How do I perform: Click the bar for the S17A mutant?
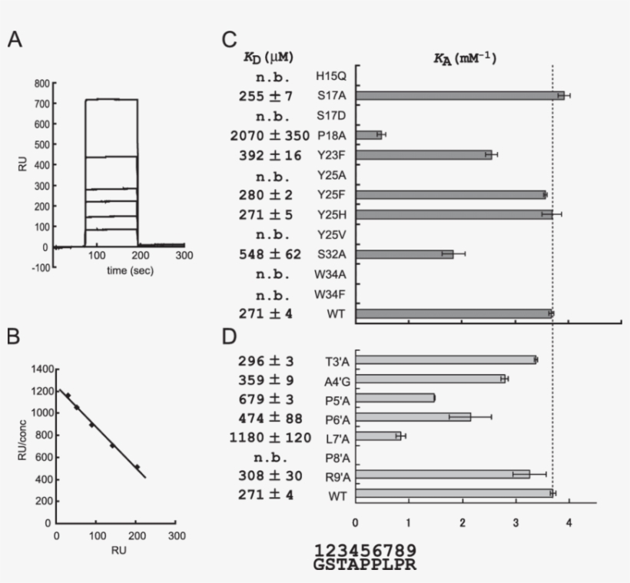pos(461,95)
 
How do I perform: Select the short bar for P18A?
pos(370,134)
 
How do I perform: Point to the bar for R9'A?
pos(443,474)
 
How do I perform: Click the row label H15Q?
pos(330,76)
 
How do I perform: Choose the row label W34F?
pos(330,293)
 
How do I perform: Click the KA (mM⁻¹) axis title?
pos(464,57)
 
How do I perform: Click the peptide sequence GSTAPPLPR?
pos(366,565)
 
